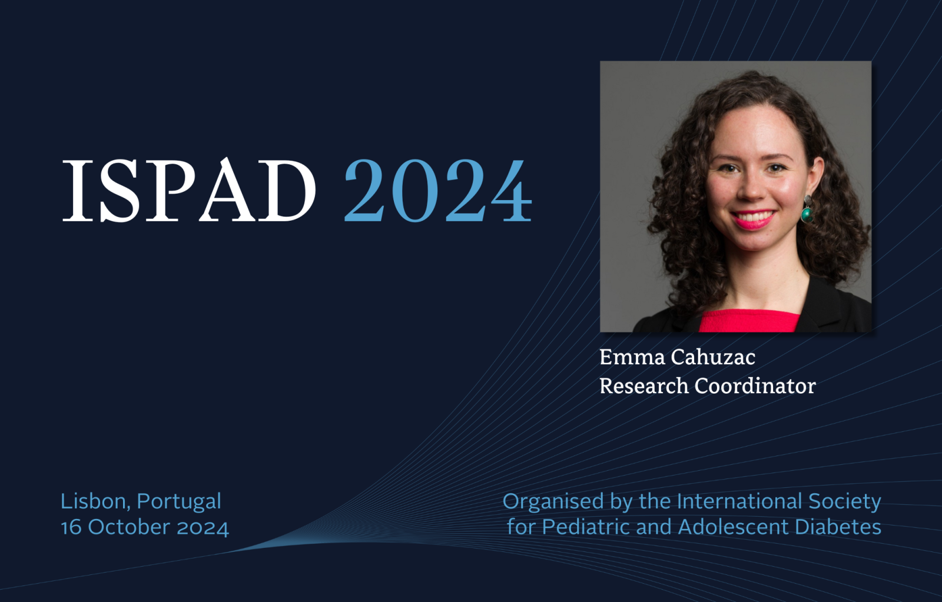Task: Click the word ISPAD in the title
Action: [189, 189]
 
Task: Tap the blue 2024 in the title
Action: [438, 190]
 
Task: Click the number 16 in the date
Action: [71, 528]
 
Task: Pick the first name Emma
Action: [632, 357]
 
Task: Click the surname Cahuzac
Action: [713, 357]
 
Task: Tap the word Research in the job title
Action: [644, 385]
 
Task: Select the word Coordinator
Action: [755, 385]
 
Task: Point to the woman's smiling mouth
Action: [753, 219]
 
